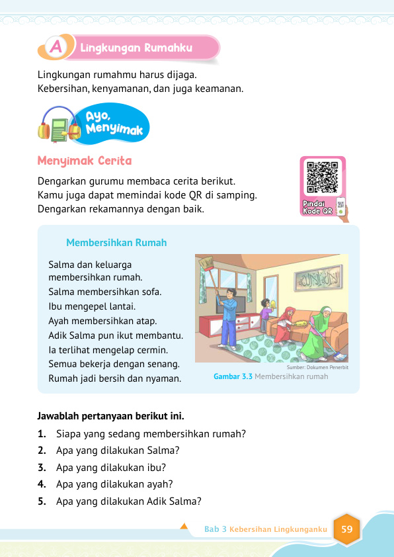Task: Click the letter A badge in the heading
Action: pyautogui.click(x=56, y=48)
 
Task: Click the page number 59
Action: pyautogui.click(x=346, y=529)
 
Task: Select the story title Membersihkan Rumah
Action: pyautogui.click(x=116, y=243)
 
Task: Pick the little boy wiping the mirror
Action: pyautogui.click(x=265, y=316)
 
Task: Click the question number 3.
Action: pyautogui.click(x=42, y=467)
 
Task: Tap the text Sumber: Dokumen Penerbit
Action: pyautogui.click(x=317, y=367)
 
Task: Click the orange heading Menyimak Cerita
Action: pyautogui.click(x=85, y=161)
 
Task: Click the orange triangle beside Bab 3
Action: pyautogui.click(x=184, y=527)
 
